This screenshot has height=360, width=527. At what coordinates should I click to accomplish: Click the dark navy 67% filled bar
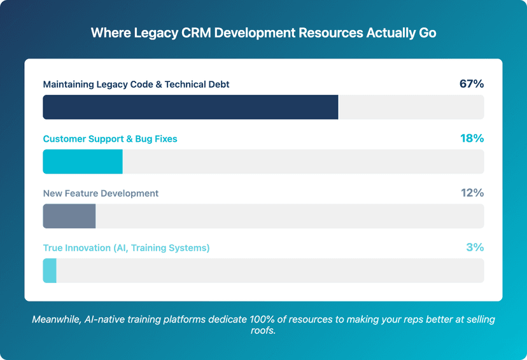(190, 107)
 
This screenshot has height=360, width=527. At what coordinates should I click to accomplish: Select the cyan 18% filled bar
(83, 162)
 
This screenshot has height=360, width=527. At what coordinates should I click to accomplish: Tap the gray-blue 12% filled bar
(69, 216)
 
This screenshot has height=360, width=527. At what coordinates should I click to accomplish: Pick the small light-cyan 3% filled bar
(50, 271)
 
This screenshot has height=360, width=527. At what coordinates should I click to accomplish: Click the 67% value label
(472, 84)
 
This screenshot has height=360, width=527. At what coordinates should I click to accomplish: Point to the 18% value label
(472, 139)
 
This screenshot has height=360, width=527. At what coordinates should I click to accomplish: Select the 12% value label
(472, 193)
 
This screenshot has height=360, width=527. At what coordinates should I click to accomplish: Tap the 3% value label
(475, 248)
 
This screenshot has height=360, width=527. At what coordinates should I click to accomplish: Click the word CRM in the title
(196, 33)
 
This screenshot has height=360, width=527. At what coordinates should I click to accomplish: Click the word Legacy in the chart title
(152, 33)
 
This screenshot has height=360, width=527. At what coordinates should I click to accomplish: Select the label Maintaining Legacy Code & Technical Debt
(136, 85)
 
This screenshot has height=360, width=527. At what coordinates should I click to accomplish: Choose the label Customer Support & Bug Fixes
(110, 139)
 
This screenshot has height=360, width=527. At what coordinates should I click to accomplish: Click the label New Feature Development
(101, 194)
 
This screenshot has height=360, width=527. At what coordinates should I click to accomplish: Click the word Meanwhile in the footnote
(56, 319)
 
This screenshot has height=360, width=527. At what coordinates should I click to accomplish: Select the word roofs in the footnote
(263, 331)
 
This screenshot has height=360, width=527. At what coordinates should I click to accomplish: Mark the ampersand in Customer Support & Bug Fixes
(127, 139)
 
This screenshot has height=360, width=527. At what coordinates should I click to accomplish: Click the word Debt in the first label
(218, 85)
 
